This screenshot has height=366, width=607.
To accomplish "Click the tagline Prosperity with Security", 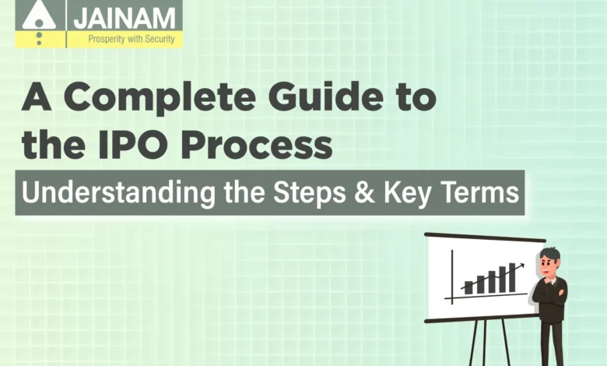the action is tap(132, 39).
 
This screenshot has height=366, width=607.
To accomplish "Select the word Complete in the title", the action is tap(160, 98).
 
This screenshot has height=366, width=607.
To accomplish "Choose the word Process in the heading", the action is tap(257, 146).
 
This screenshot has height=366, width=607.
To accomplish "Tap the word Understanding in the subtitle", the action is tap(118, 193).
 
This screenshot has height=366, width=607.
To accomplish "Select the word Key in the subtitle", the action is tap(406, 193).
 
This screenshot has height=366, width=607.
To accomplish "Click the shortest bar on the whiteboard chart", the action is tap(468, 287).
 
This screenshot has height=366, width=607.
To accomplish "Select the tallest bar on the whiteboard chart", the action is tap(512, 278).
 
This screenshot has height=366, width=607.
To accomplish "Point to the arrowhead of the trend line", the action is tap(521, 266).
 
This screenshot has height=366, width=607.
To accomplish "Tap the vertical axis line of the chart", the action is tap(452, 276).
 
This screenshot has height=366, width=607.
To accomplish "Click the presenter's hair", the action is tap(550, 255).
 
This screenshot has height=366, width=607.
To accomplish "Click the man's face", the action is tap(549, 267).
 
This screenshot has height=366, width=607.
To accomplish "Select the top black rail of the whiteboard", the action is tap(485, 237).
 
